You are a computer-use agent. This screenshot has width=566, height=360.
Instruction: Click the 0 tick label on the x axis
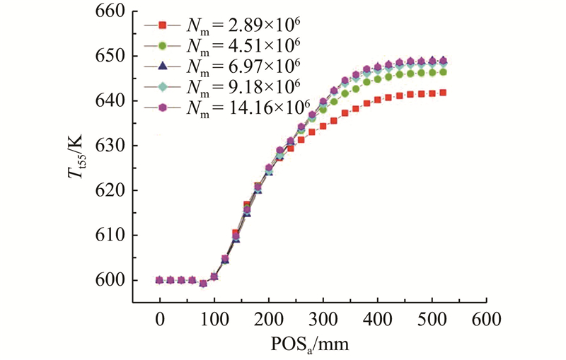pos(159,319)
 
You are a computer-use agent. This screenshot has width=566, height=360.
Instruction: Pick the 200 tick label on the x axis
pos(269,319)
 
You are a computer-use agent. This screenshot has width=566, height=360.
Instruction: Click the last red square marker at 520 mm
pos(443,92)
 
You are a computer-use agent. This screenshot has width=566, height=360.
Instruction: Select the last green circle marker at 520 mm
pos(443,72)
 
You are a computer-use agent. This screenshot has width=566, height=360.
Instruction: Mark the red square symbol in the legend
pos(162,25)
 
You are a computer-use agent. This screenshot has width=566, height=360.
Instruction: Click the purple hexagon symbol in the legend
pos(162,108)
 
